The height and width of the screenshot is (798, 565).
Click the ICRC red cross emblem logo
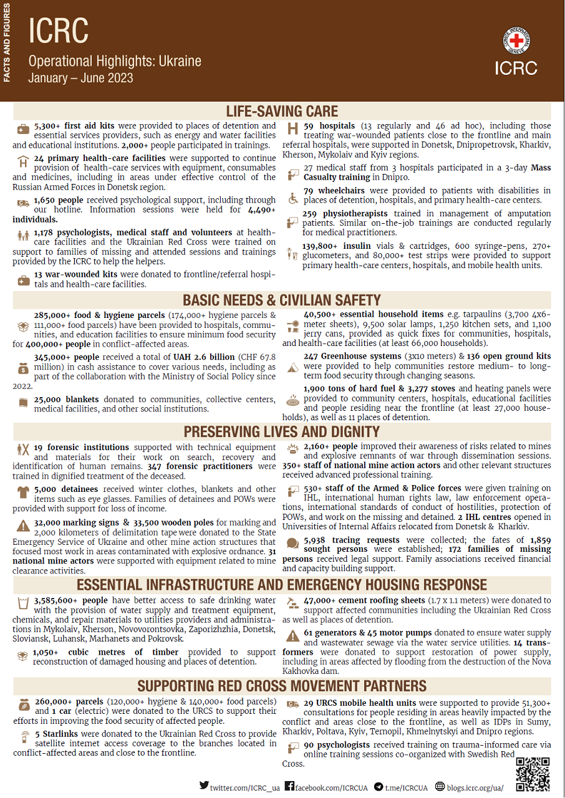pos(518,42)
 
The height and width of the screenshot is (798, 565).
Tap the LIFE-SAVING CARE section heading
pos(282,112)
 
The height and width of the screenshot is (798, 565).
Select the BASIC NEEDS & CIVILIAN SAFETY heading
pos(282,300)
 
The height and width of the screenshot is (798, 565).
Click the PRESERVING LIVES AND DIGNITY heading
pos(282,432)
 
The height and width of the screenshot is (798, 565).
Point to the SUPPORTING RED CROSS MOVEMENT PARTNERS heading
pos(282,686)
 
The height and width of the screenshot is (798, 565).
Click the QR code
pos(533,774)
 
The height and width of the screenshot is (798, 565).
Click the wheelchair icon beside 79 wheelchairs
pos(292,198)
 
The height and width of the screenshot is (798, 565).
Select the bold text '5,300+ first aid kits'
pos(74,126)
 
